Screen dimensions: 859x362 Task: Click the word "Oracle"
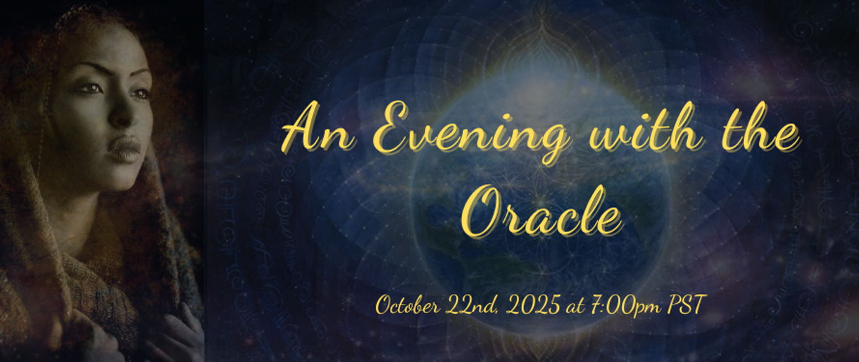tap(541, 212)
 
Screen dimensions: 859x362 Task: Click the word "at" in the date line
tap(574, 308)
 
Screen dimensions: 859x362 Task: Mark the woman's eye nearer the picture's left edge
tap(91, 88)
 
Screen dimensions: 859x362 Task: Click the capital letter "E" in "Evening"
tap(395, 127)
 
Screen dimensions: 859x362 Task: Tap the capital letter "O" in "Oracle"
tap(483, 212)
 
